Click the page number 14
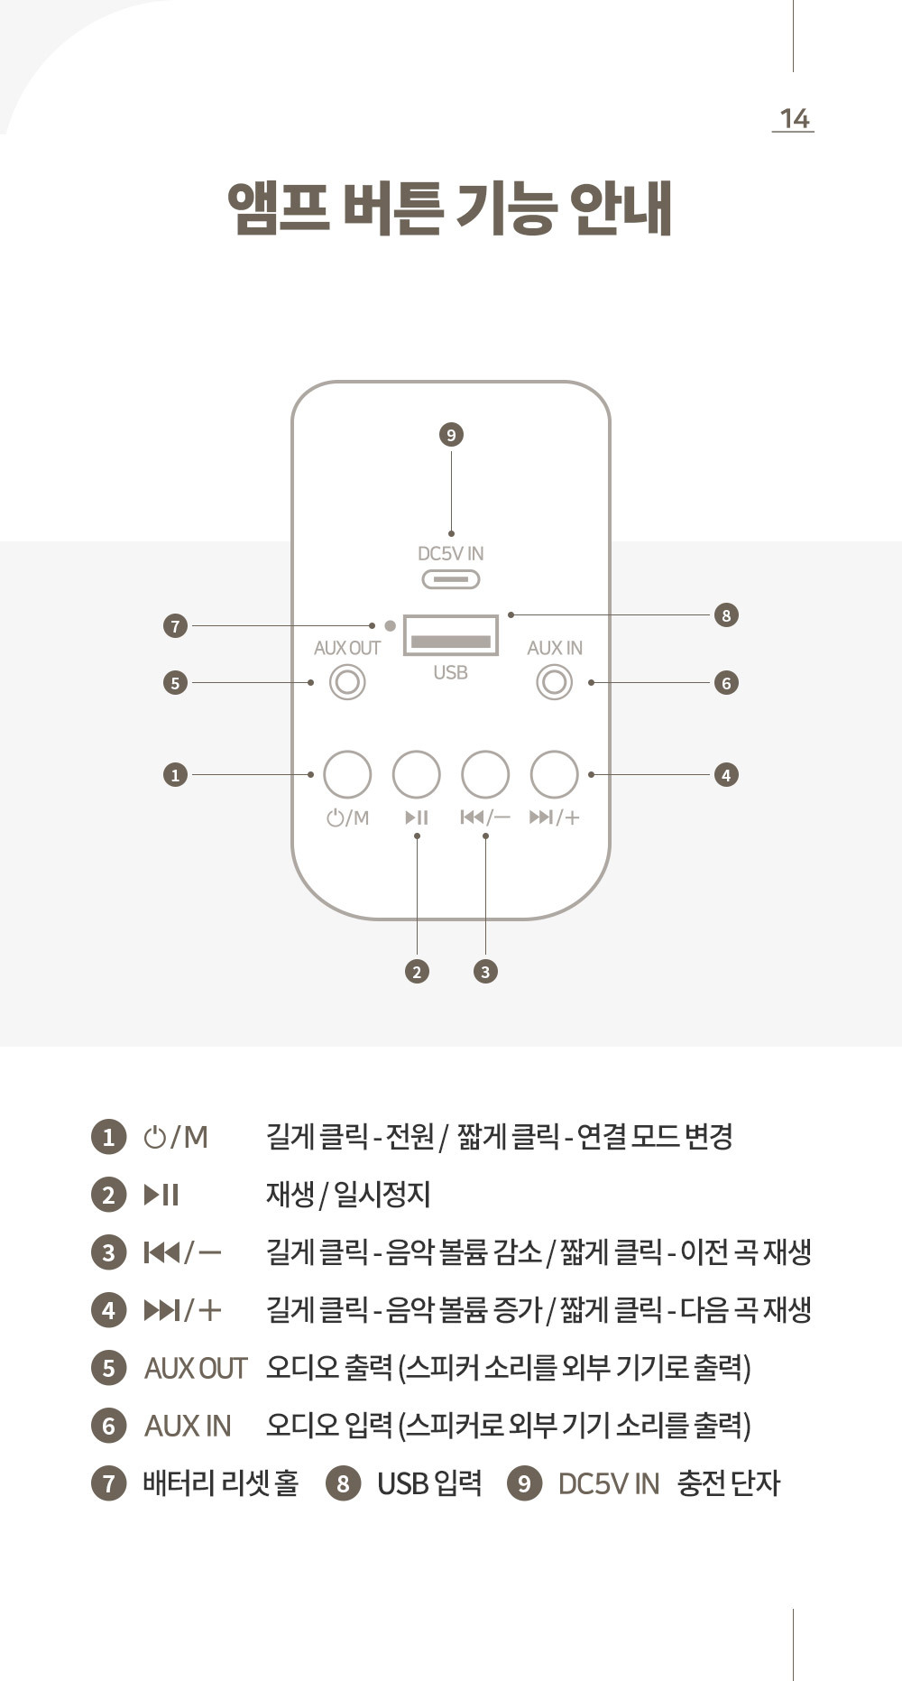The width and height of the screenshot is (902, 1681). click(794, 118)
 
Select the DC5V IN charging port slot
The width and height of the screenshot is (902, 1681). click(450, 579)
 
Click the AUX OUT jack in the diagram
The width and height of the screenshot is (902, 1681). click(347, 682)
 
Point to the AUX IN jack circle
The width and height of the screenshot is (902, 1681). click(554, 682)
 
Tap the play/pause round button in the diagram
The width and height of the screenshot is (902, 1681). click(417, 774)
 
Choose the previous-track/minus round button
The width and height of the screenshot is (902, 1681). click(485, 774)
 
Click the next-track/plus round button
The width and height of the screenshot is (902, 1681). click(554, 774)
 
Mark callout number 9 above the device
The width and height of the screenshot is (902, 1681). click(451, 435)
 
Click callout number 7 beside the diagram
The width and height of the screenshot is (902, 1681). click(175, 625)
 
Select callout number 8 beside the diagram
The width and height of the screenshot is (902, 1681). click(726, 615)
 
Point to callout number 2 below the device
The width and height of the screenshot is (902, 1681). click(417, 972)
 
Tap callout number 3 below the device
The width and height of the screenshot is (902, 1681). click(485, 972)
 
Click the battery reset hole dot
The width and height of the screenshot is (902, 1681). click(390, 625)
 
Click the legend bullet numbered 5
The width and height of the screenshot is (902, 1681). click(108, 1368)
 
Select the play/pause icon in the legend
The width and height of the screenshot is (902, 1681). click(161, 1195)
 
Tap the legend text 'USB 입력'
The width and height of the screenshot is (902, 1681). click(429, 1482)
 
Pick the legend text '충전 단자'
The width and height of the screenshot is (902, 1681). click(728, 1482)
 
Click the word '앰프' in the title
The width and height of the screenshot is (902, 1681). click(277, 209)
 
